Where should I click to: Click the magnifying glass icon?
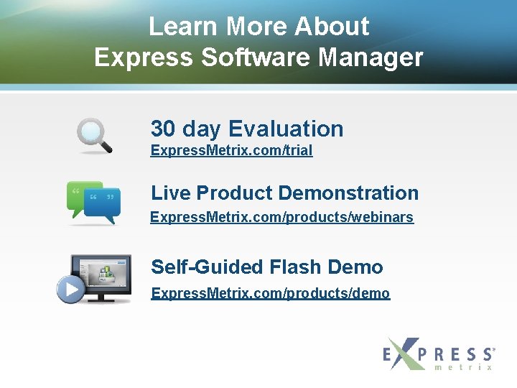[94, 134]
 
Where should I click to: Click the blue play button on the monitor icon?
[71, 289]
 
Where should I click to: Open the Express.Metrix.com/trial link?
[231, 151]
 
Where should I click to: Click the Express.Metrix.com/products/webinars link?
[281, 217]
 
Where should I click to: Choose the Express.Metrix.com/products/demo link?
[270, 293]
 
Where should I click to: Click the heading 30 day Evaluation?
[247, 129]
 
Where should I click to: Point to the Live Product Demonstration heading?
[284, 193]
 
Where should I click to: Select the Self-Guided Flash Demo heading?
[266, 267]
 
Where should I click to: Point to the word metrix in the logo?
[464, 367]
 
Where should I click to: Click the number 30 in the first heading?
[163, 129]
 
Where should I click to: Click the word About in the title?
[332, 27]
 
